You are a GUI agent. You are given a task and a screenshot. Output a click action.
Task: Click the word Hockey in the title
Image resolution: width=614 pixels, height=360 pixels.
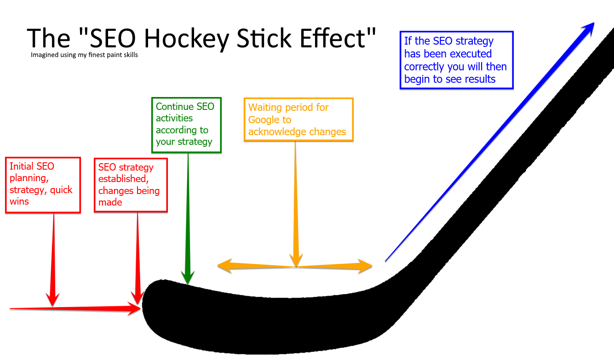(x=186, y=39)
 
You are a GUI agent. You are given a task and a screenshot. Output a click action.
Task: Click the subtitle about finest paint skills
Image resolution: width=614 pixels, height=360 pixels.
(x=84, y=55)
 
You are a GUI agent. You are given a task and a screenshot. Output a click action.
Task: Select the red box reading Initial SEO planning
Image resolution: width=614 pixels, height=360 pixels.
(x=43, y=185)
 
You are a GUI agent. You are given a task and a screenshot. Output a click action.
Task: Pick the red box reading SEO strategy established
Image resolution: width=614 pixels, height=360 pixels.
(x=131, y=185)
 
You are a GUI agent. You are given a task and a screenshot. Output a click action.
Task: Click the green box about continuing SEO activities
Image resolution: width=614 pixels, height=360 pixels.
(x=186, y=125)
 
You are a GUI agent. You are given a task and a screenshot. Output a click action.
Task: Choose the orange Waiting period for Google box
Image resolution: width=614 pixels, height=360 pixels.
(x=298, y=120)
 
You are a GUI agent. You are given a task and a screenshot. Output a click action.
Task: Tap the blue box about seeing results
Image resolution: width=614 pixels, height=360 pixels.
(x=456, y=60)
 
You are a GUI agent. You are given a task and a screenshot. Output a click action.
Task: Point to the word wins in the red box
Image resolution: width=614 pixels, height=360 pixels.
(x=19, y=201)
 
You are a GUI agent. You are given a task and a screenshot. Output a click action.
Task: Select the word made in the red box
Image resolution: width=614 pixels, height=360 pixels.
(x=110, y=202)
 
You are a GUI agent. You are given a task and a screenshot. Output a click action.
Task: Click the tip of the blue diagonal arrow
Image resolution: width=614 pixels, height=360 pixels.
(x=594, y=23)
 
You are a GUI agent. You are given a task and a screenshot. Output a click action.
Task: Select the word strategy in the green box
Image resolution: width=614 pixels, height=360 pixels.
(x=195, y=142)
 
